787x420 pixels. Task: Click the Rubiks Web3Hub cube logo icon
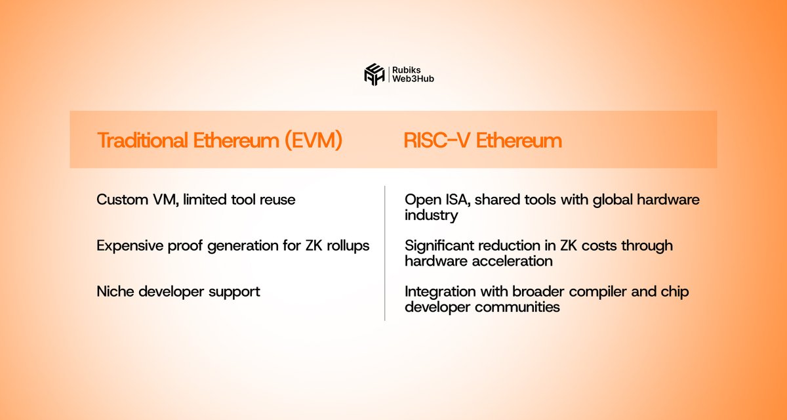pos(374,75)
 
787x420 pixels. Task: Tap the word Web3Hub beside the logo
pos(413,79)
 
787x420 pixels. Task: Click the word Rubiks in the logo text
pos(407,70)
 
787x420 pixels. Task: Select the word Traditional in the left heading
pos(142,140)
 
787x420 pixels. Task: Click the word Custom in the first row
pos(122,199)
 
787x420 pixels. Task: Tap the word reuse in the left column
pos(277,200)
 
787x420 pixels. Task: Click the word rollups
pos(348,245)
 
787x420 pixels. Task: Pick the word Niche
pos(115,291)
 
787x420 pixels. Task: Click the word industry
pos(431,215)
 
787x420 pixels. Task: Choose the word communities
pos(517,307)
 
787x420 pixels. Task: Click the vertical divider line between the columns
pos(385,253)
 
